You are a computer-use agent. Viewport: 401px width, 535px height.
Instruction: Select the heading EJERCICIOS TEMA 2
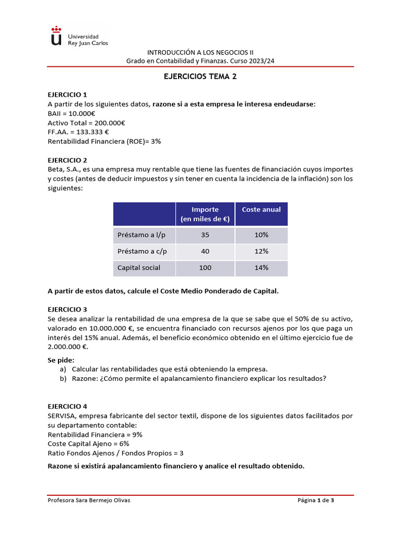tap(200, 76)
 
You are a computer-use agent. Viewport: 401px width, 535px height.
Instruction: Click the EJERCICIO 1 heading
tap(67, 95)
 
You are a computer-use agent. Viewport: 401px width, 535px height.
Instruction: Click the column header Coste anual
tap(261, 210)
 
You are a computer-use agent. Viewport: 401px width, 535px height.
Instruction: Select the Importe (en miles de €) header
tap(205, 214)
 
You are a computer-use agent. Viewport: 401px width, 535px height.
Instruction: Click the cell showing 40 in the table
tap(205, 251)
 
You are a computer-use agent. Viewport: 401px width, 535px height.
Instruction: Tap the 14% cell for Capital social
tap(261, 267)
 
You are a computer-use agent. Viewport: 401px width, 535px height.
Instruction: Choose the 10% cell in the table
tap(261, 235)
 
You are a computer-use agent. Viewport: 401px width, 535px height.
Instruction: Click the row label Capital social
tap(138, 267)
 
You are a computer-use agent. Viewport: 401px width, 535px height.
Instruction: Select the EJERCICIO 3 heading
tap(67, 309)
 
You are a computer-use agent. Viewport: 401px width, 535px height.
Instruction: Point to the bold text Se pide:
tap(61, 360)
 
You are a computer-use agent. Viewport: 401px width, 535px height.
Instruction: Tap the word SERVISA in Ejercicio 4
tap(64, 416)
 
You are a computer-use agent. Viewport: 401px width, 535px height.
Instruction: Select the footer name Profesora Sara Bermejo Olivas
tap(89, 500)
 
